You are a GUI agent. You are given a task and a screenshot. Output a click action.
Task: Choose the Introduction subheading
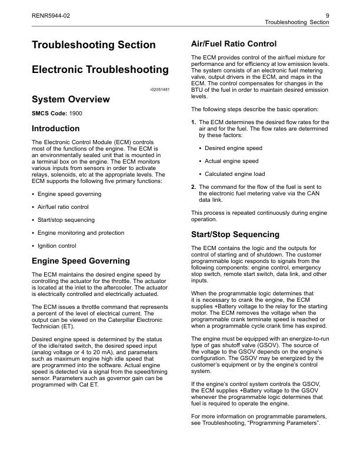point(55,128)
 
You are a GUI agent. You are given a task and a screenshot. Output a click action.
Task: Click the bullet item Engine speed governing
point(69,194)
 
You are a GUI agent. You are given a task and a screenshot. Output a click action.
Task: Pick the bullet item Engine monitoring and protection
point(81,232)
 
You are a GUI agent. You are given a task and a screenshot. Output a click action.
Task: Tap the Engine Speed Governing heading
point(80,261)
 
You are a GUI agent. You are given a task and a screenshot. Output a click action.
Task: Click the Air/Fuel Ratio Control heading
point(234,44)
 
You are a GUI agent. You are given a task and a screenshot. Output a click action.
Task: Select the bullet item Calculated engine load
point(235,174)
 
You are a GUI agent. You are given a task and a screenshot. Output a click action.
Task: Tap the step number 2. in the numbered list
point(194,187)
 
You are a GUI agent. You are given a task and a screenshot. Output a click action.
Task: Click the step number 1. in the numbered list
point(194,122)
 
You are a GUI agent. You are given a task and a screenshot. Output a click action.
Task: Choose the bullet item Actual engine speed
point(231,161)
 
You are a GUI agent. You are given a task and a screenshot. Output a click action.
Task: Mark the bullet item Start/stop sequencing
point(65,219)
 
